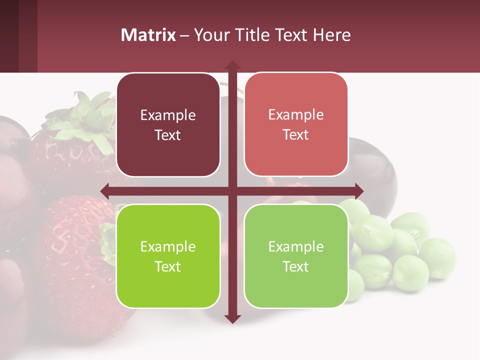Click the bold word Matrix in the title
(148, 35)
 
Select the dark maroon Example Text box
(168, 125)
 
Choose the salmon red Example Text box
(296, 124)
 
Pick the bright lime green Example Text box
(168, 256)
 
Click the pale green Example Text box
(296, 256)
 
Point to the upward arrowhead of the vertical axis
(232, 65)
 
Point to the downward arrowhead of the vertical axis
(232, 318)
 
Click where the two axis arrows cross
(232, 191)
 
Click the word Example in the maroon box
(168, 115)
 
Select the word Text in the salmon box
(296, 134)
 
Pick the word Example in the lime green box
(168, 246)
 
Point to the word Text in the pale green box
(296, 266)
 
